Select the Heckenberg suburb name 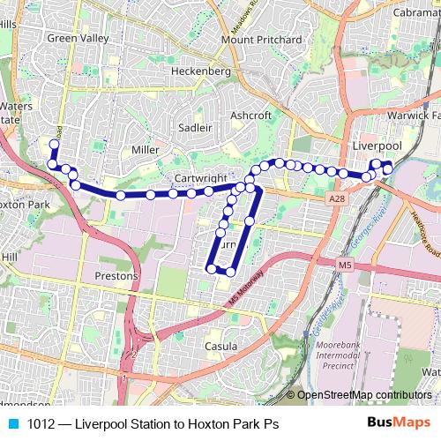click(201, 70)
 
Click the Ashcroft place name click(250, 116)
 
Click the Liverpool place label click(377, 144)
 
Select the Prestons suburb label click(116, 276)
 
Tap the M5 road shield click(343, 264)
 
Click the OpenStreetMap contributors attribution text click(363, 395)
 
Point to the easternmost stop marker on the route click(388, 168)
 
